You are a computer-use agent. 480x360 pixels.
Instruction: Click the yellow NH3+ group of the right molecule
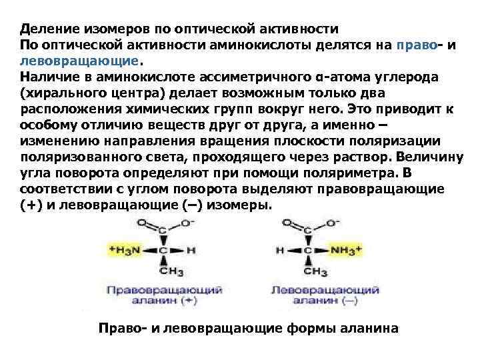click(346, 251)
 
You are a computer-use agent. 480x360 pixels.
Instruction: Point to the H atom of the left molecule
click(191, 251)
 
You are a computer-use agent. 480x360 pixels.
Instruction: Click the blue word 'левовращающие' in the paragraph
click(79, 60)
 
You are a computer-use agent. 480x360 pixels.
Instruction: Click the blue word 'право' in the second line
click(416, 45)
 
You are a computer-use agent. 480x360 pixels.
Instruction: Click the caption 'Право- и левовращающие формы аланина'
click(248, 329)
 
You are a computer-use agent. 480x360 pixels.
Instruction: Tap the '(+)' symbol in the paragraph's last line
click(29, 205)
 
